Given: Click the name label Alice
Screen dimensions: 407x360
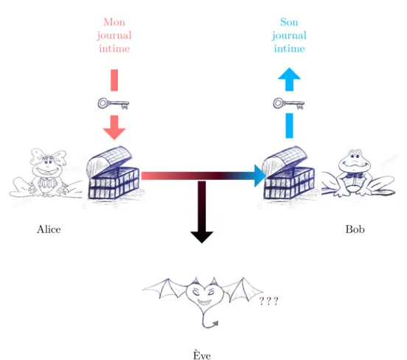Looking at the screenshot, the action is tap(49, 229).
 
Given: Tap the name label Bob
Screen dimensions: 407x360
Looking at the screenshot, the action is tap(355, 229).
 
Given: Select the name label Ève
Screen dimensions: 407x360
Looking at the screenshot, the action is tap(202, 355).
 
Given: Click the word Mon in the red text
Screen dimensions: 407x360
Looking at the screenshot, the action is tap(114, 22).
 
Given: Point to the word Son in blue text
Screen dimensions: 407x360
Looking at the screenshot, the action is tap(289, 22).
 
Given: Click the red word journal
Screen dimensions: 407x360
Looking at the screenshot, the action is tap(114, 36).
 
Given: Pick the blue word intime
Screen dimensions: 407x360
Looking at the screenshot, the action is tap(290, 49).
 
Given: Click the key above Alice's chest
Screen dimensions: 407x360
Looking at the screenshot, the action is tap(114, 103).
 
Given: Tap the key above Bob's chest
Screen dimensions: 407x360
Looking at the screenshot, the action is tap(288, 103).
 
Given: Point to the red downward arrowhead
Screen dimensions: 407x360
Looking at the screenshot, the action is tap(114, 134).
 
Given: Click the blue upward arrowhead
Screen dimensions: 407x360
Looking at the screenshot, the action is tap(290, 74).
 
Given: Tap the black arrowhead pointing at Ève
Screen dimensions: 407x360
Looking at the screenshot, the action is tap(202, 237).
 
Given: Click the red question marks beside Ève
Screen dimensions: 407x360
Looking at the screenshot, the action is tap(268, 301).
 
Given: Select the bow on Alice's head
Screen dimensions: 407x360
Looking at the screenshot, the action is tap(48, 156).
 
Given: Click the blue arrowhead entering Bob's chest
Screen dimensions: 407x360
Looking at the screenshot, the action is tap(260, 176).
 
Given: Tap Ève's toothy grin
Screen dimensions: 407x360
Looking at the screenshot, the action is tap(205, 302).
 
